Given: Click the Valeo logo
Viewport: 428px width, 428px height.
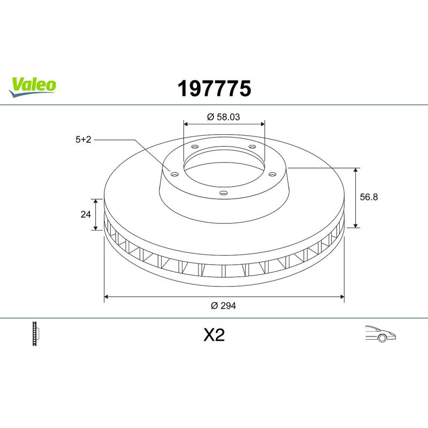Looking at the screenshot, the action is (x=32, y=87).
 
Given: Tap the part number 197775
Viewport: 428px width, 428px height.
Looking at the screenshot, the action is (x=215, y=89).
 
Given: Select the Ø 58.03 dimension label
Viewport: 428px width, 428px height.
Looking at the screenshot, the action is (x=224, y=117).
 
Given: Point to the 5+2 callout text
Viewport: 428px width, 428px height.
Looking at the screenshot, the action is (x=83, y=140).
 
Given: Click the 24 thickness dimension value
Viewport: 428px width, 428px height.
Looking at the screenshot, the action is (x=86, y=215).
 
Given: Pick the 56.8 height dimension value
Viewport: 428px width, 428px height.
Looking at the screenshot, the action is (x=369, y=197).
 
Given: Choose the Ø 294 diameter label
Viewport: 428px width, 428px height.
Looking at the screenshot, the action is (x=223, y=305).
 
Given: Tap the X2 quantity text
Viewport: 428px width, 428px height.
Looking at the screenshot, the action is (x=215, y=335).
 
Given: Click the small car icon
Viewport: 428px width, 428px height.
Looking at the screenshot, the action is (x=380, y=333).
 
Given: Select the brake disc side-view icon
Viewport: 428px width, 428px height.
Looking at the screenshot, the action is (x=36, y=333).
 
